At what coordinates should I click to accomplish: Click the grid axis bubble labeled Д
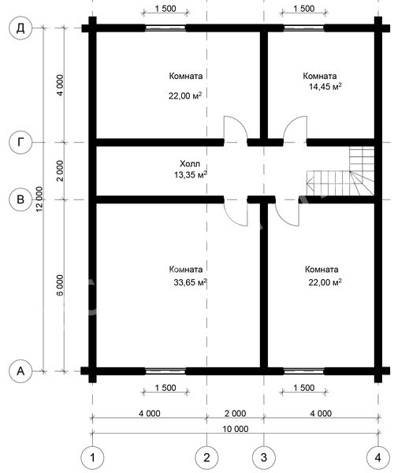(x=20, y=28)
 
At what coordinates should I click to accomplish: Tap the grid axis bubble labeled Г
(x=20, y=142)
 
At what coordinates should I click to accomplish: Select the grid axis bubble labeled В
(x=20, y=199)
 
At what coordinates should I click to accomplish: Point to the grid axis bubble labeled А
(x=20, y=371)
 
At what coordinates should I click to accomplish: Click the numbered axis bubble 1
(x=92, y=457)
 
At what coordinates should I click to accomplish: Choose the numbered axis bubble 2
(x=206, y=457)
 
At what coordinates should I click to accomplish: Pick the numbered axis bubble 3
(x=264, y=457)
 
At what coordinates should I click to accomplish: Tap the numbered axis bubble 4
(x=378, y=457)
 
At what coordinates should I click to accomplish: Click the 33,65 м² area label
(x=190, y=282)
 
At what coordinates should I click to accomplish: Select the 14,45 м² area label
(x=325, y=87)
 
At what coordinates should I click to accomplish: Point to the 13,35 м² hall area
(x=190, y=174)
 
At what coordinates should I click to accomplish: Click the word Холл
(x=190, y=164)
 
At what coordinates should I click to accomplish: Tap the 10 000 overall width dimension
(x=236, y=429)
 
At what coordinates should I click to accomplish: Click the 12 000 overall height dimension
(x=39, y=199)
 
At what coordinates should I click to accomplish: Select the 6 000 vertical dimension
(x=60, y=285)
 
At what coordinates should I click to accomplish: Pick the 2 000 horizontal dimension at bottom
(x=236, y=413)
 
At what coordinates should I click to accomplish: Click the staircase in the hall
(x=340, y=171)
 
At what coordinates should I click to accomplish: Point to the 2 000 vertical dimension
(x=60, y=170)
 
